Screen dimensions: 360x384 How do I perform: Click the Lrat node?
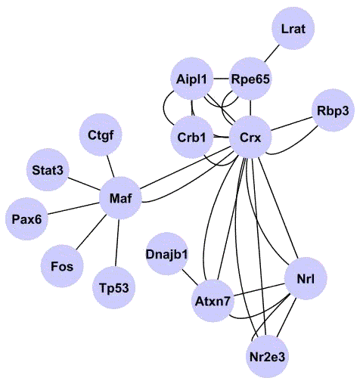point(293,28)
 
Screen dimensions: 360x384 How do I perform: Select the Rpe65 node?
point(250,79)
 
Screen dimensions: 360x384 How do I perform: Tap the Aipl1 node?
point(191,79)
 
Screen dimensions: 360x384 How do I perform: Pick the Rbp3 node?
point(333,110)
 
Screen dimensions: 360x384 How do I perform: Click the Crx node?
point(250,138)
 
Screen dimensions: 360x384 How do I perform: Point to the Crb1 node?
point(191,138)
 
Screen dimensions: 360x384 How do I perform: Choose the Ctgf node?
point(101,135)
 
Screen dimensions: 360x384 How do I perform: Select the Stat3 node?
point(48,170)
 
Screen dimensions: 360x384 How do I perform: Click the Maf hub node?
point(120,198)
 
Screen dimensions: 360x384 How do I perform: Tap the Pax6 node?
point(26,219)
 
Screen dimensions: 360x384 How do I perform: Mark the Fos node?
point(62,266)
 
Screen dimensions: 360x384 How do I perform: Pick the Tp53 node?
point(114,288)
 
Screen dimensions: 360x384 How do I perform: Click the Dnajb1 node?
point(167,254)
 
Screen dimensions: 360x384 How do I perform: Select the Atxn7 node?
point(213,301)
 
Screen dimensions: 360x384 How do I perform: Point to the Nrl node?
point(306,279)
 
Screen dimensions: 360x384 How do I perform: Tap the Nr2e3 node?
point(267,356)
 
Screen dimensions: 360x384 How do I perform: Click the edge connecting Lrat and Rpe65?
point(272,54)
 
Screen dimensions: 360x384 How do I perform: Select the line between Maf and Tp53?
point(117,243)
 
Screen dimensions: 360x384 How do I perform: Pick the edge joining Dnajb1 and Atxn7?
point(190,277)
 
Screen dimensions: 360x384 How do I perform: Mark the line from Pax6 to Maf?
point(73,209)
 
